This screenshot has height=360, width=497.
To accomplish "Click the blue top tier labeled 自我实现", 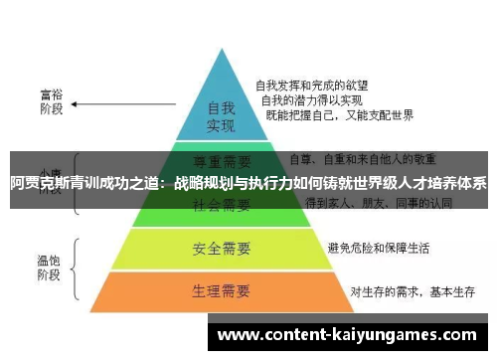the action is point(220,115).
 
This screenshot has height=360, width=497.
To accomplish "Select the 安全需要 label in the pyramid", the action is point(221,248).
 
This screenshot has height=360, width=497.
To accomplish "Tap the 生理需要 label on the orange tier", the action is point(221,291).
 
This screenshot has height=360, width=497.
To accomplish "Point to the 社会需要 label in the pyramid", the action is point(221,206).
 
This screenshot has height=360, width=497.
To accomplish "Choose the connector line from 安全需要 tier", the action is point(304,247).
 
